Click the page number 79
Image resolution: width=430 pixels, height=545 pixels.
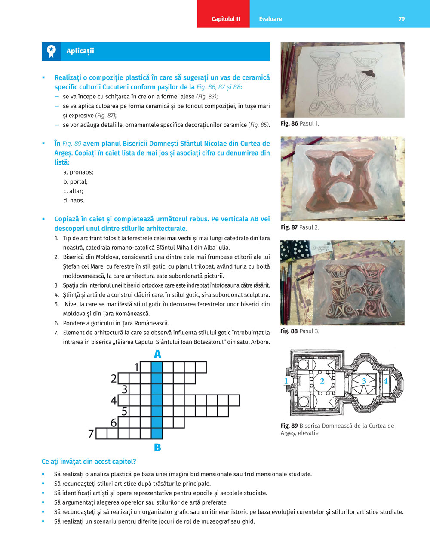coord(401,19)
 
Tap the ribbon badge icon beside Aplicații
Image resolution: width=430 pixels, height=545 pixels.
coord(51,51)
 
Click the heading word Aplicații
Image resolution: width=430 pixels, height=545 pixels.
coord(80,51)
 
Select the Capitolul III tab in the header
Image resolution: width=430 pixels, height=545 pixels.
coord(226,19)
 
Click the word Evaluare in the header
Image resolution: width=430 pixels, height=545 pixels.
coord(270,19)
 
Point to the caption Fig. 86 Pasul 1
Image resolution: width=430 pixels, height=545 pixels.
coord(300,123)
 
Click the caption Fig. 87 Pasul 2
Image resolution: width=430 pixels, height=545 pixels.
coord(300,227)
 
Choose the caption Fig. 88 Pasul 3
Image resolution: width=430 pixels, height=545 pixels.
coord(300,331)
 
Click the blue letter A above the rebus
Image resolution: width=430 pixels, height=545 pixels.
coord(157,354)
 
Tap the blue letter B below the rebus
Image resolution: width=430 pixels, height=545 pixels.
coord(157,447)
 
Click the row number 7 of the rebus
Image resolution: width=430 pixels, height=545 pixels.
coord(91,434)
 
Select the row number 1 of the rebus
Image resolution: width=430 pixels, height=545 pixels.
coord(137,367)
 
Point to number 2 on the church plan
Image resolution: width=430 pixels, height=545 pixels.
coord(322,381)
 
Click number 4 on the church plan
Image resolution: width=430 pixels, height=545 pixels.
coord(385,381)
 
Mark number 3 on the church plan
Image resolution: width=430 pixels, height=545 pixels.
coord(364,381)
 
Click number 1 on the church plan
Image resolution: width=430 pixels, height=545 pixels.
coord(286,381)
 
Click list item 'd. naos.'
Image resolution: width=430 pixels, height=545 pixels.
coord(74,201)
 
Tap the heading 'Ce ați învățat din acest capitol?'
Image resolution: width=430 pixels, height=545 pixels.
coord(89,462)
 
